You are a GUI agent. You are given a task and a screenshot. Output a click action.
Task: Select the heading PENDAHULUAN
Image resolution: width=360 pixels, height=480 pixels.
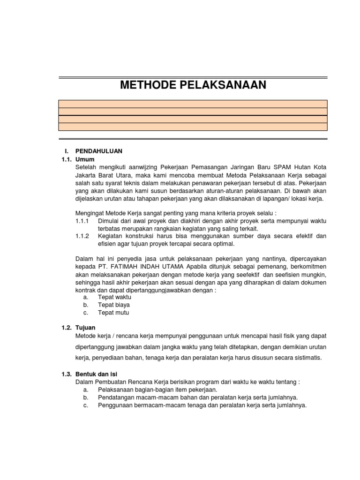98,151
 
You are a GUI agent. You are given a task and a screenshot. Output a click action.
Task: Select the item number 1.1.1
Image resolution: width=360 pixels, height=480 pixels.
82,220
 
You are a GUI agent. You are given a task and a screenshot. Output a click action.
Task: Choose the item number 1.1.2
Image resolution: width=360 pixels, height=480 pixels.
82,236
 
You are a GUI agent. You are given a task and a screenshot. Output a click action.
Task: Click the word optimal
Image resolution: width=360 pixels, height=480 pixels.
221,244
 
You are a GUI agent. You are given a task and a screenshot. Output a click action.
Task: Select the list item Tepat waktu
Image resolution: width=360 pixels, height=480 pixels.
114,297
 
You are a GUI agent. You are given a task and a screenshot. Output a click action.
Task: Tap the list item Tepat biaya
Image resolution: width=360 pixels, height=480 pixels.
114,305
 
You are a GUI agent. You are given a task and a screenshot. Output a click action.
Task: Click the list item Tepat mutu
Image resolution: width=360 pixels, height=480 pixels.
113,313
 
